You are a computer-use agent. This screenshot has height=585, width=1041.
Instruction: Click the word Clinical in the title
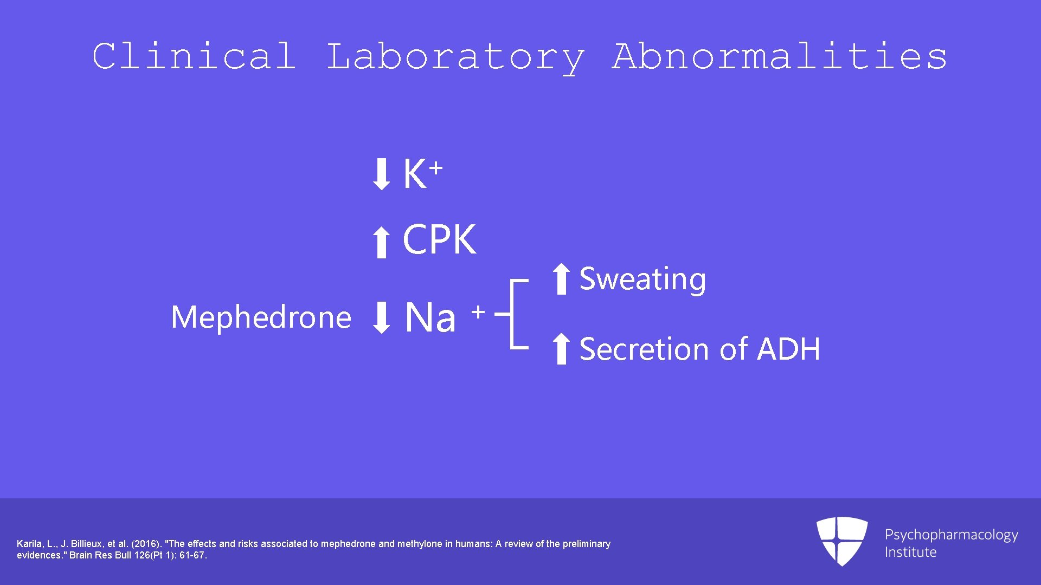click(194, 56)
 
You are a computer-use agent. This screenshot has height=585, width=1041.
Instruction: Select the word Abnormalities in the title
click(780, 56)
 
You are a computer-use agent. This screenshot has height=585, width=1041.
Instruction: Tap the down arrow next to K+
click(381, 174)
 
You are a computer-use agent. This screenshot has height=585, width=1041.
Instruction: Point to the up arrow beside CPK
click(381, 242)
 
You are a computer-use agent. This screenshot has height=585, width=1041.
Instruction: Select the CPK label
click(439, 240)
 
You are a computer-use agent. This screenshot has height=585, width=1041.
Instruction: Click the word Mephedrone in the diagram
click(261, 317)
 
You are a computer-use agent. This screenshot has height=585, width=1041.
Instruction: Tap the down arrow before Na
click(381, 317)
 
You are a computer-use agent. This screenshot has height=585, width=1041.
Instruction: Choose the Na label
click(430, 317)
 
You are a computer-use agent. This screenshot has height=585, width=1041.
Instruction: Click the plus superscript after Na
click(478, 312)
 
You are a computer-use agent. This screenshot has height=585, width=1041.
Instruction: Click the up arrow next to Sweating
click(561, 279)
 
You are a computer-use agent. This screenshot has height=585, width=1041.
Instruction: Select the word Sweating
click(642, 279)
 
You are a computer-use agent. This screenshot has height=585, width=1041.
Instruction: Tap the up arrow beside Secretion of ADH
click(561, 349)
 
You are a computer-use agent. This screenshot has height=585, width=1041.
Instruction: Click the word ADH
click(788, 349)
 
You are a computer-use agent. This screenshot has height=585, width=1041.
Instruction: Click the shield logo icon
click(841, 541)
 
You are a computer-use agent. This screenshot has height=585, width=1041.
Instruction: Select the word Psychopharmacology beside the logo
click(951, 535)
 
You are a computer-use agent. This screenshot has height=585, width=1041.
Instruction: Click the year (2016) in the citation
click(145, 544)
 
